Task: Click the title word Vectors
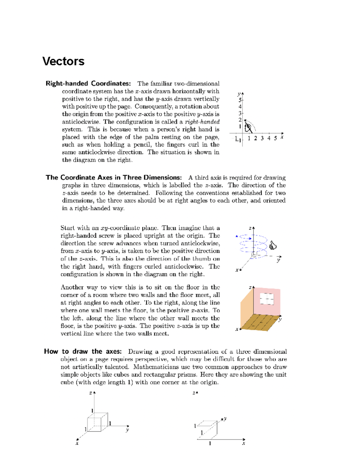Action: [x=63, y=62]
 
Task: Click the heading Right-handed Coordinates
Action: [x=88, y=83]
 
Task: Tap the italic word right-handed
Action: [x=202, y=122]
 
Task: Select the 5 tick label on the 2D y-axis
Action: [x=240, y=100]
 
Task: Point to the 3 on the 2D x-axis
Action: [x=262, y=138]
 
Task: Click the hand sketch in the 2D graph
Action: [x=248, y=128]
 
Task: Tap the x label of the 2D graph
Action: [x=282, y=137]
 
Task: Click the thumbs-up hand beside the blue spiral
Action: [x=273, y=245]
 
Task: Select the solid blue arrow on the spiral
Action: [x=237, y=236]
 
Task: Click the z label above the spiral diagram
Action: [x=250, y=228]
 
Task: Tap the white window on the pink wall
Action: [x=267, y=299]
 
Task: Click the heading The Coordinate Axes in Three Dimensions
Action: [x=114, y=177]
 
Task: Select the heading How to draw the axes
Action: [x=83, y=351]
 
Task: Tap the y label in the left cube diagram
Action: [x=127, y=430]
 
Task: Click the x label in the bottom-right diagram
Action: [x=244, y=443]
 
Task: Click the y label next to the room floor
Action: [x=280, y=319]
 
